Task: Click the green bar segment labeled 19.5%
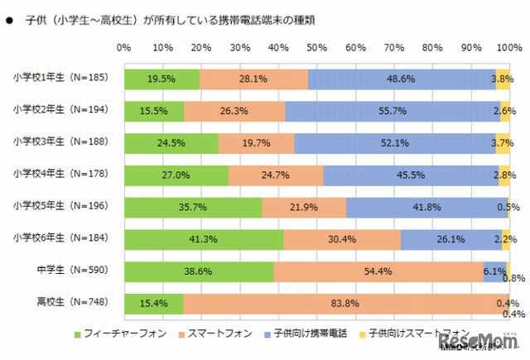pyautogui.click(x=161, y=79)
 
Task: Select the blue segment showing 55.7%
pyautogui.click(x=393, y=111)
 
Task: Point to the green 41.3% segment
pyautogui.click(x=204, y=240)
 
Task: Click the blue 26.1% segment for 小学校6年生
pyautogui.click(x=450, y=240)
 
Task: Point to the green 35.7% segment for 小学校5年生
pyautogui.click(x=193, y=208)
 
